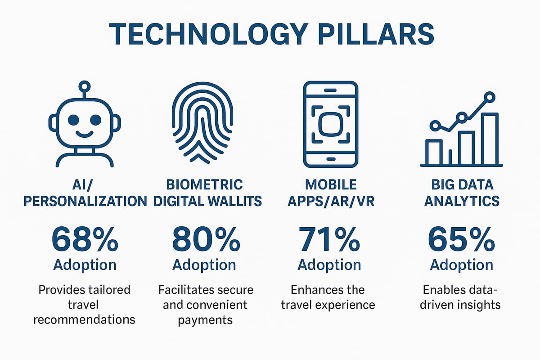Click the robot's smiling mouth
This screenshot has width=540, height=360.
[x=84, y=134]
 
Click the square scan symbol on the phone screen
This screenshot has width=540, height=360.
[x=331, y=124]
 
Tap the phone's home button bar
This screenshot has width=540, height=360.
[x=331, y=159]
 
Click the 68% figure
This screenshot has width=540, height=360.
[x=85, y=240]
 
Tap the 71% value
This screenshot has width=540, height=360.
[x=330, y=240]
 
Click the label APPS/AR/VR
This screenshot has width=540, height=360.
[x=330, y=201]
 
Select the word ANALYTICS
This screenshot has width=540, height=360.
[x=462, y=201]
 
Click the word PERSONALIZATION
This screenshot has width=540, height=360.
[x=85, y=201]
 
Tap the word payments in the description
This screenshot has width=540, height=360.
[x=205, y=320]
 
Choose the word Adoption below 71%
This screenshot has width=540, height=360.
[x=330, y=265]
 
